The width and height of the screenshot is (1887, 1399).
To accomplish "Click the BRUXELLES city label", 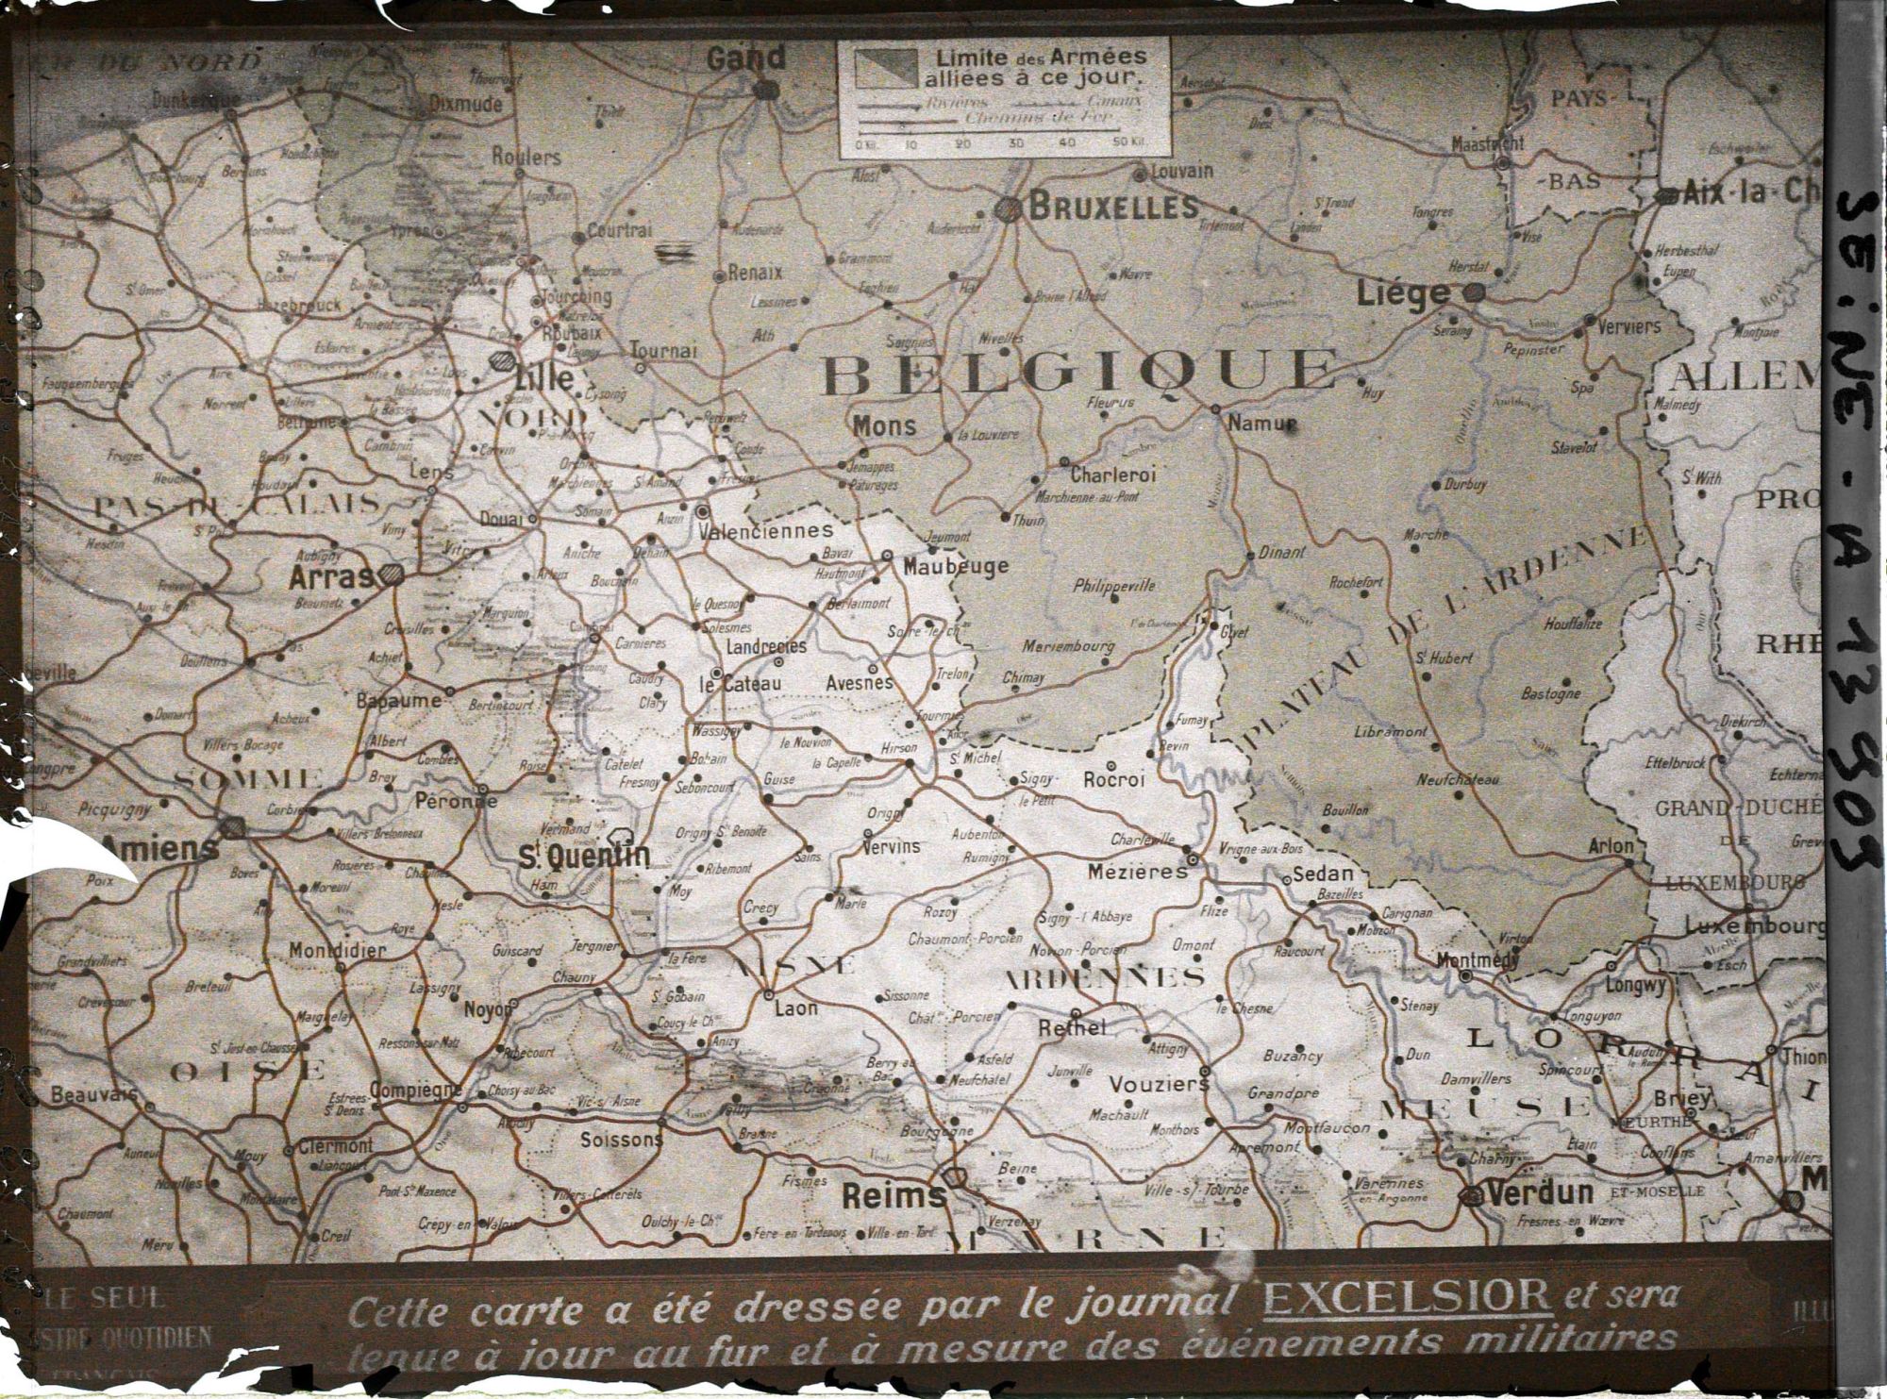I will [x=1112, y=207].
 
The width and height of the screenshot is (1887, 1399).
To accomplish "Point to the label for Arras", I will [x=331, y=576].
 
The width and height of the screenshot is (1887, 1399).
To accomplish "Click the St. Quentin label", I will [x=585, y=855].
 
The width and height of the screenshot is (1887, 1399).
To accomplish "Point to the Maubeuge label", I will [x=955, y=566].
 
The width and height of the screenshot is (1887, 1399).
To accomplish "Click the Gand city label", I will [x=745, y=58].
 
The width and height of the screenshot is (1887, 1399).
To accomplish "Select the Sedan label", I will [x=1328, y=874].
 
